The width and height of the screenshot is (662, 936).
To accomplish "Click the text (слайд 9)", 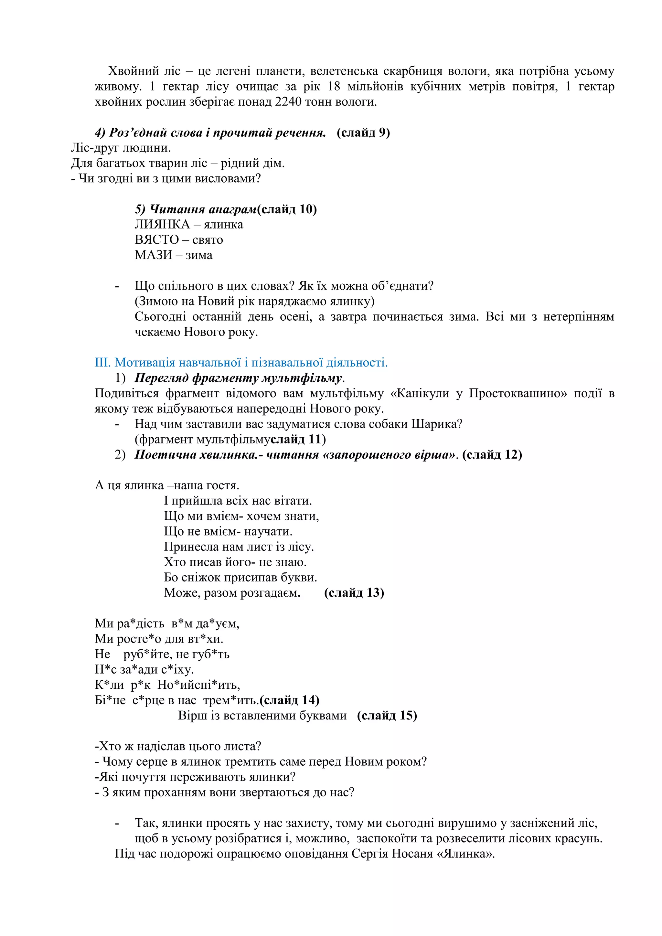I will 363,133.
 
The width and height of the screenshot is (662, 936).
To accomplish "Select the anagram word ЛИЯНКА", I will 162,224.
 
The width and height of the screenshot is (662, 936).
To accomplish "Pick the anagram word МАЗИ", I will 154,255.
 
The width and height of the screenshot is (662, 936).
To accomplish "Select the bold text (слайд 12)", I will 492,454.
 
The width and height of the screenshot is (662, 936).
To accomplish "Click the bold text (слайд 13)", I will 354,593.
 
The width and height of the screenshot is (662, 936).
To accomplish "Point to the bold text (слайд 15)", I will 387,716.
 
